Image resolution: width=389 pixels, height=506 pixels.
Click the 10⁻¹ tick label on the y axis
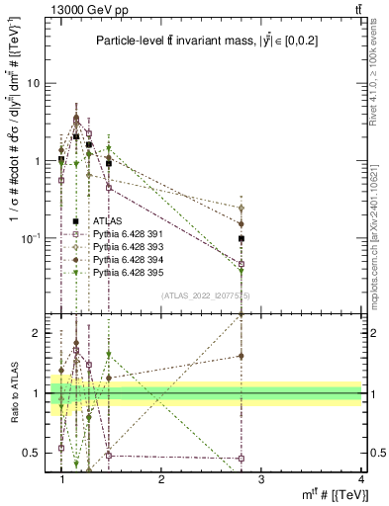click(x=33, y=238)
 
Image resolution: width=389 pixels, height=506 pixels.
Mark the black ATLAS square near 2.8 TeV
click(x=269, y=239)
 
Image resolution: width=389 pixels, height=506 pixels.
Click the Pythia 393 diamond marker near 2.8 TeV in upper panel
click(x=269, y=209)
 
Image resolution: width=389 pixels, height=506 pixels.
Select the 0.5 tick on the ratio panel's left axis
click(x=35, y=453)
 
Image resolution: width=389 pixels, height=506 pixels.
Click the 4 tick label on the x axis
click(x=361, y=479)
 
